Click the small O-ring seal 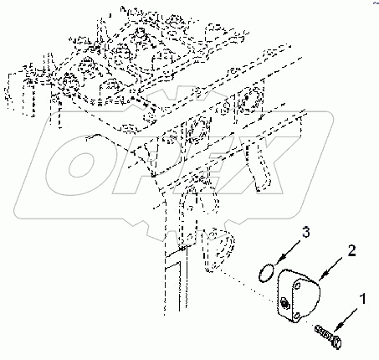click(265, 273)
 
